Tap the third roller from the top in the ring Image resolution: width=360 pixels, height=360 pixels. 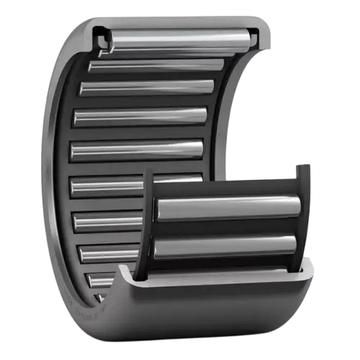tap(148, 88)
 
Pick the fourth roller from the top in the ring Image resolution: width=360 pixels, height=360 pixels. tap(140, 115)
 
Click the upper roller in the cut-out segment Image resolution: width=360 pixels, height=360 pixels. tap(227, 208)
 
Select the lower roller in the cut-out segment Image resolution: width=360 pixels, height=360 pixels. tap(227, 247)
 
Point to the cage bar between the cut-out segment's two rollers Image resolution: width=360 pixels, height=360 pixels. tap(227, 228)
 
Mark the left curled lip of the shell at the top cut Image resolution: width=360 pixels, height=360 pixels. tap(101, 36)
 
